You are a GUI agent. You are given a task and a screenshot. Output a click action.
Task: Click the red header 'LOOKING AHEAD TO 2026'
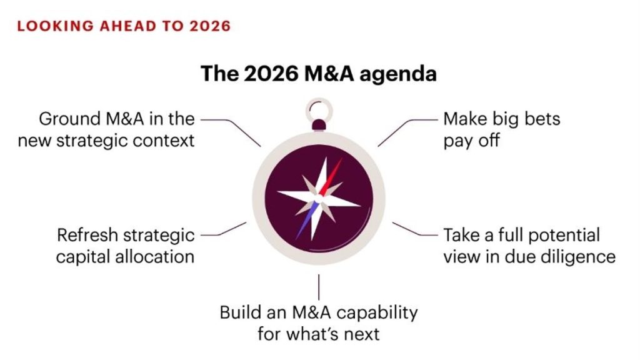point(124,26)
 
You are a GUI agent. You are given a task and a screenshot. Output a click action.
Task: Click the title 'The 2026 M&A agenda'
point(319,74)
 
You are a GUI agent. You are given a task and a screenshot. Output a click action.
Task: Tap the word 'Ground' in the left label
point(70,119)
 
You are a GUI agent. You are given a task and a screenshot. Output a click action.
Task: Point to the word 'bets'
point(542,119)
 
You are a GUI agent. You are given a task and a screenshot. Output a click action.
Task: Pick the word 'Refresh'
point(87,235)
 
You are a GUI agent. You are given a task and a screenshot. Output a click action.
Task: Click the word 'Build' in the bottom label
point(241,312)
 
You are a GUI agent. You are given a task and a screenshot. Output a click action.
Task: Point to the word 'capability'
point(377,314)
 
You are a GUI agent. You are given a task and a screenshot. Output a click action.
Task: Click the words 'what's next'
point(332,334)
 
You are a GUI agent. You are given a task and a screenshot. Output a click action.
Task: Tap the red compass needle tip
point(342,159)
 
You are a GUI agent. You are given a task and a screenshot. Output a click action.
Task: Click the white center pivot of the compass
point(318,199)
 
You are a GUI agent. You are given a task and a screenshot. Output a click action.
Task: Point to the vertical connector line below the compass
point(319,287)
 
